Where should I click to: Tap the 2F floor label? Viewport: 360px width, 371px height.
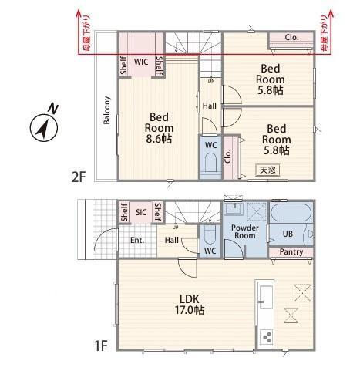[x=78, y=177]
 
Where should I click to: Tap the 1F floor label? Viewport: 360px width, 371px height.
[x=100, y=346]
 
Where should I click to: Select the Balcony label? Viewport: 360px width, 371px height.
[x=106, y=110]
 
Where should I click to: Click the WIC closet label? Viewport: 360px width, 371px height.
[x=141, y=62]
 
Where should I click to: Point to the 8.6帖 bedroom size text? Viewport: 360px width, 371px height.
[x=159, y=139]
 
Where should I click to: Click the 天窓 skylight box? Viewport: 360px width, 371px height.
[x=268, y=170]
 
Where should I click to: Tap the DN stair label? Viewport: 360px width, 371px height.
[x=211, y=81]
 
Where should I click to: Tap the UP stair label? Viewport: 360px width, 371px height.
[x=175, y=228]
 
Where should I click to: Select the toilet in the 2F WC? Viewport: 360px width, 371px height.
[x=210, y=162]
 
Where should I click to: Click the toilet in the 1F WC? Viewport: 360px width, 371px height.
[x=210, y=234]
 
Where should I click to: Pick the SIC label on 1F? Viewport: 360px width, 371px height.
[x=141, y=212]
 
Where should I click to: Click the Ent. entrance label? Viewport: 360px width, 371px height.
[x=137, y=241]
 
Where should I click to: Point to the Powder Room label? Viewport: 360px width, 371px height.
[x=245, y=231]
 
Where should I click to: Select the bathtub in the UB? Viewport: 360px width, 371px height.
[x=291, y=213]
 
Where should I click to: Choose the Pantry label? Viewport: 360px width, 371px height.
[x=291, y=251]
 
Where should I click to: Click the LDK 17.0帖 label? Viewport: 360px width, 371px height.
[x=190, y=305]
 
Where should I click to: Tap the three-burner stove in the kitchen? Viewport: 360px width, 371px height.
[x=266, y=337]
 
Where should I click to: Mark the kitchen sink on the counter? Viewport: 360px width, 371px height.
[x=265, y=297]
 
